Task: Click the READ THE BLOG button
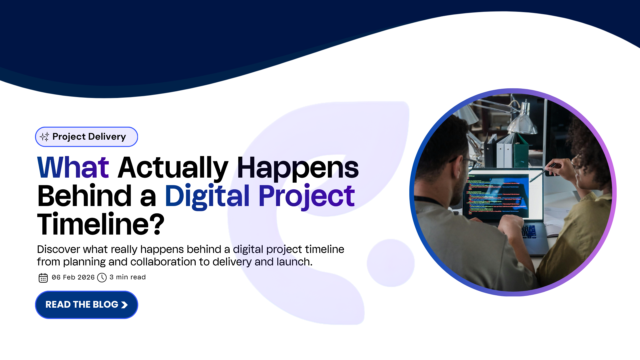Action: (86, 305)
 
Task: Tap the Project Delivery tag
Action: (86, 137)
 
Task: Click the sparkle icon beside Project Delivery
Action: (44, 137)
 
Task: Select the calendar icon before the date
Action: (43, 278)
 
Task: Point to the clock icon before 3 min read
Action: (102, 278)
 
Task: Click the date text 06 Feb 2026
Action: (73, 277)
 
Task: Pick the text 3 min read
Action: (128, 277)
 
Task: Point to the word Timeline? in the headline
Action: (101, 224)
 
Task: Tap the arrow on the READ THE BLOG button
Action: (124, 305)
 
